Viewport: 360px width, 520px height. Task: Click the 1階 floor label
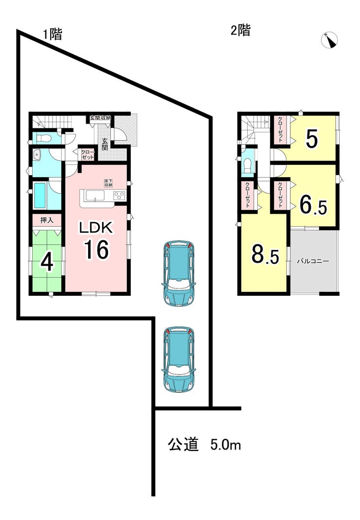tap(53, 34)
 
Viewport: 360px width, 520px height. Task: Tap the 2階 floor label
tap(240, 31)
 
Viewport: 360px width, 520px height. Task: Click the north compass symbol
tap(329, 40)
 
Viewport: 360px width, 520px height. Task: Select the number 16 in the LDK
tap(96, 250)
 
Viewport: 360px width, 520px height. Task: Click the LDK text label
tap(96, 228)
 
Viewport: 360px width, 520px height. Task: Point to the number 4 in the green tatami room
tap(47, 263)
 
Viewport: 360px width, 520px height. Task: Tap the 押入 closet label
tap(47, 220)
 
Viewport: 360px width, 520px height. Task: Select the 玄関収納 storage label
tap(100, 118)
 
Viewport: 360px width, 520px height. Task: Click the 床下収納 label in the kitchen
tap(108, 183)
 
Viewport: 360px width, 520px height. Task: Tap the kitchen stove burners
tap(120, 196)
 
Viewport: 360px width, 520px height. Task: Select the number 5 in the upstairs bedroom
tap(312, 139)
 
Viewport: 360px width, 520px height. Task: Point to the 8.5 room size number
tap(265, 255)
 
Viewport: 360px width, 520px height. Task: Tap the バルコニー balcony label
tap(313, 261)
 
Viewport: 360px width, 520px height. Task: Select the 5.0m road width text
tap(226, 445)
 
